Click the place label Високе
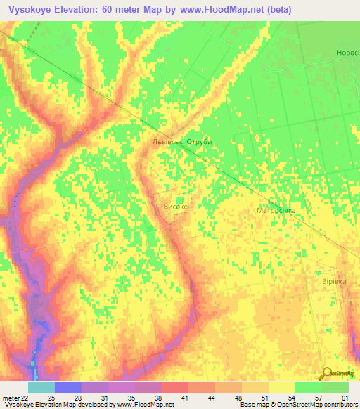176,207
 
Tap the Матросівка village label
276,211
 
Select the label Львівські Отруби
182,141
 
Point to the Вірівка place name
334,280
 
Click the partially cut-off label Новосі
347,53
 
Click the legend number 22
25,398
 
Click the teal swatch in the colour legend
41,387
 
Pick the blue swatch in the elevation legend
67,387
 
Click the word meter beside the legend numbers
10,398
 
